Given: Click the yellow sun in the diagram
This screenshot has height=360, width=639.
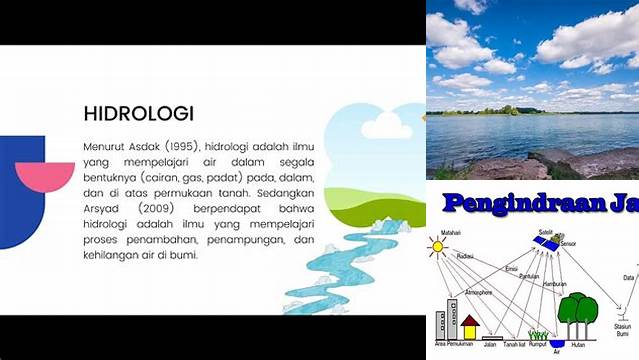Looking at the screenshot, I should (437, 245).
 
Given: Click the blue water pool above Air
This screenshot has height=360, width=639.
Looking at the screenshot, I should (557, 342).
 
